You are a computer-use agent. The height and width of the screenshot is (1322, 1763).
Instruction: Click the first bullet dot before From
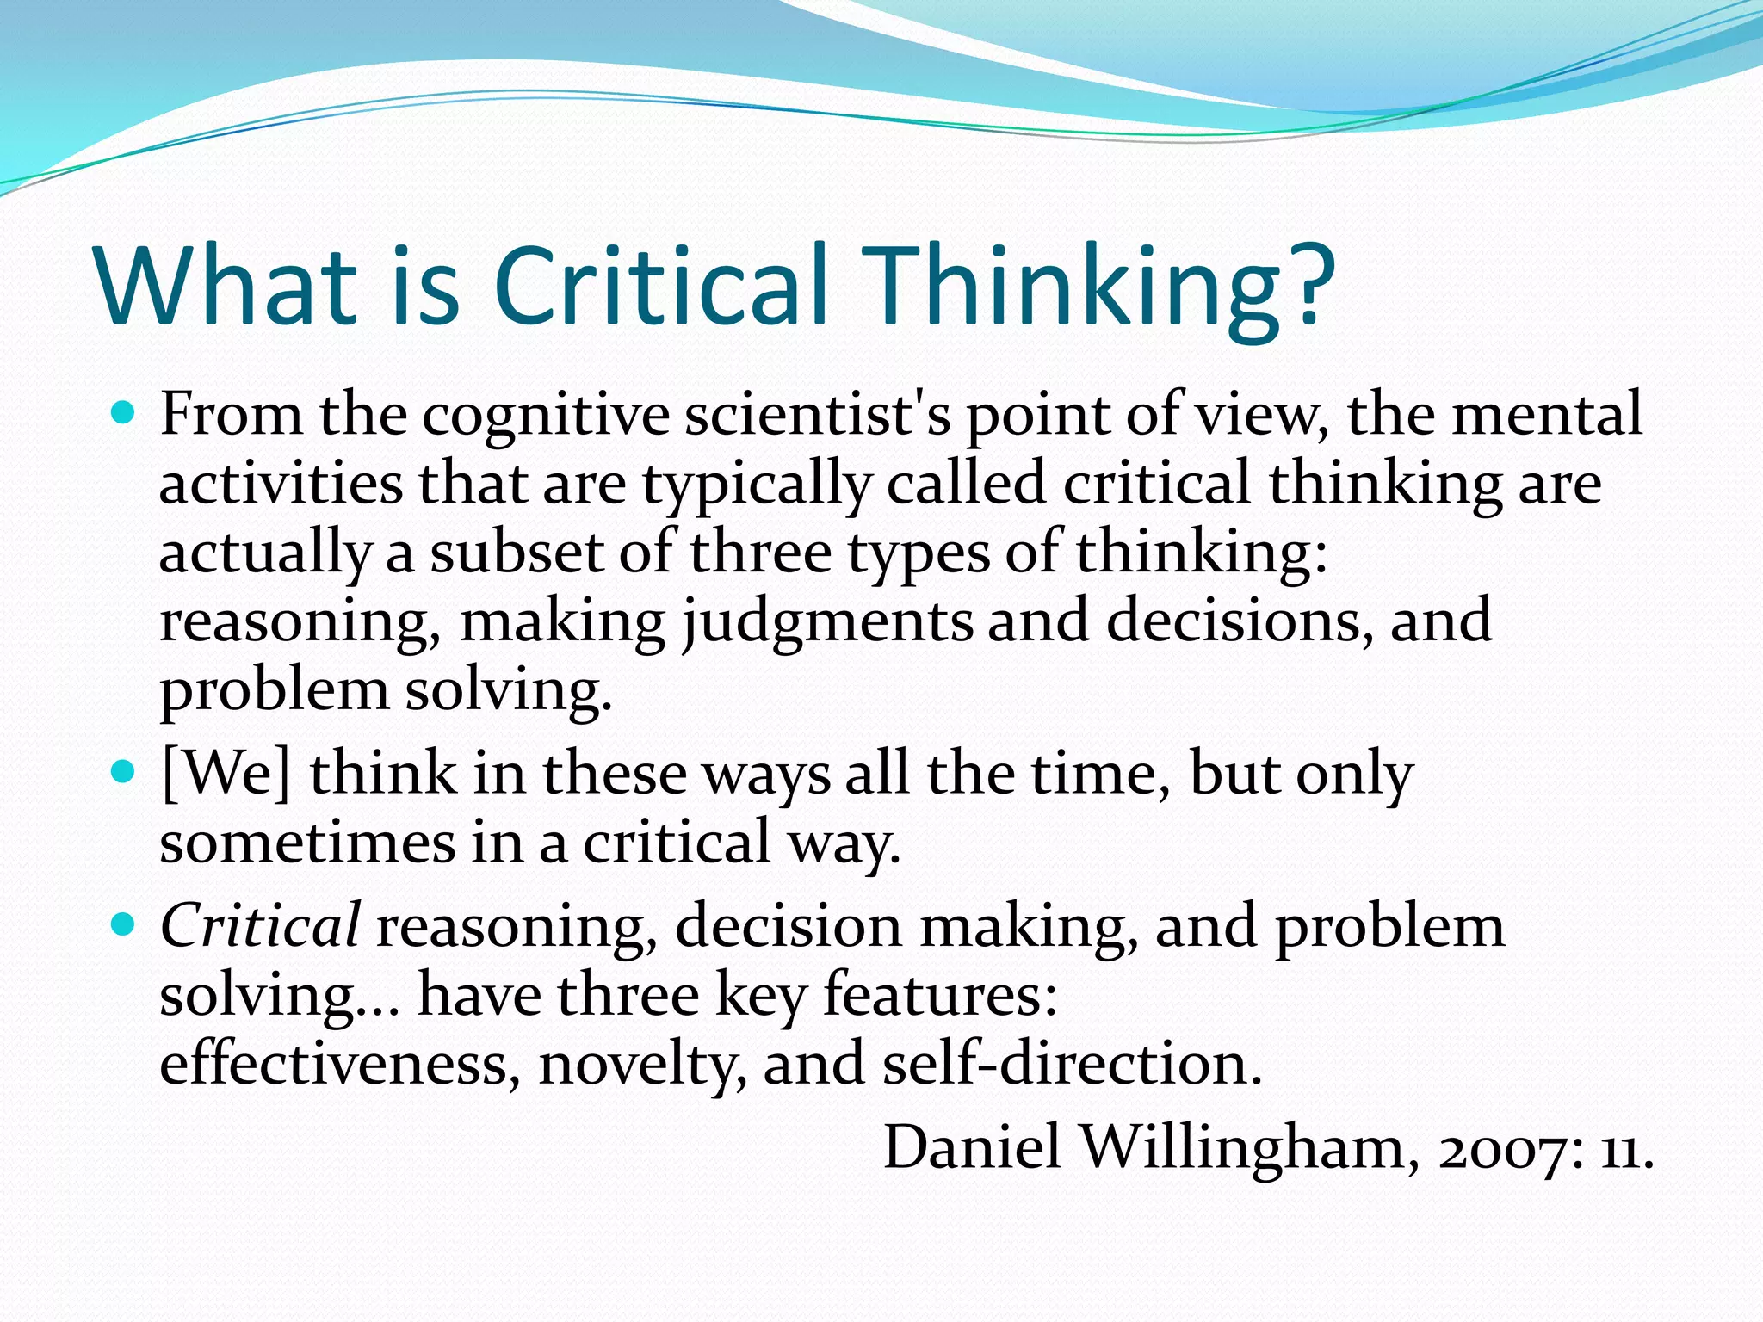coord(124,414)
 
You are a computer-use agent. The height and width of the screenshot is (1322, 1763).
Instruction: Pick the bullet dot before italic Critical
coord(124,925)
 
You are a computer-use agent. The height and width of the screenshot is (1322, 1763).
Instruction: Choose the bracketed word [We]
coord(226,774)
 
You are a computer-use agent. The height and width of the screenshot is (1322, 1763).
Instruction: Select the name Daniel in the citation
coord(973,1148)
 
